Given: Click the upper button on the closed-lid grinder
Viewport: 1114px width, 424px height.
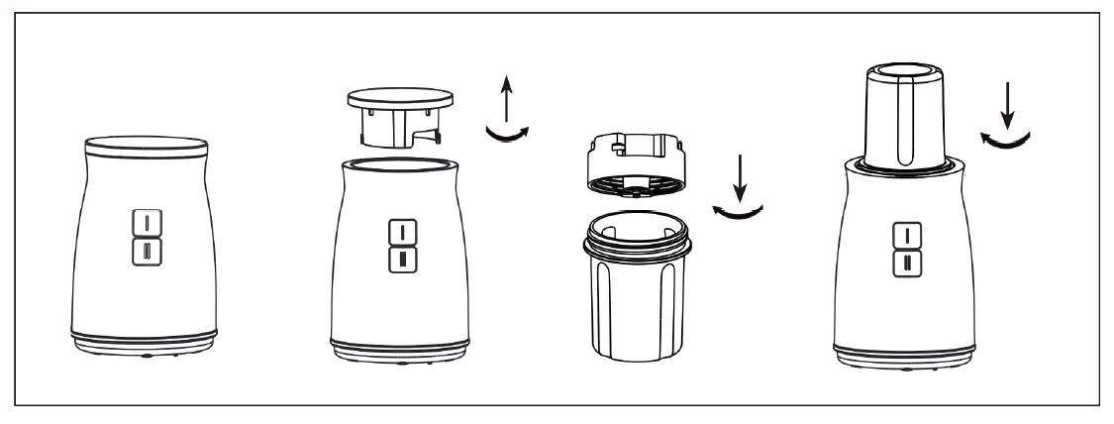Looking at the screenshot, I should [146, 221].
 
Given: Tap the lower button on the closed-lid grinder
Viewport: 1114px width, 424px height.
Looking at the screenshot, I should [146, 249].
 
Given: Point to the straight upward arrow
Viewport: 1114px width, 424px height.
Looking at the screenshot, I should [505, 100].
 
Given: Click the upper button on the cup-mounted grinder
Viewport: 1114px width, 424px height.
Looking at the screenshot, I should [904, 235].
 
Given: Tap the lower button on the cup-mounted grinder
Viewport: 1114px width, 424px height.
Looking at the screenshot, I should [904, 263].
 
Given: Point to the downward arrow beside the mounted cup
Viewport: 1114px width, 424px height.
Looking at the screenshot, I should [1008, 106].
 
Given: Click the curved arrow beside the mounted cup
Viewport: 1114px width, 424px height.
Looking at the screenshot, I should [1008, 141].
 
